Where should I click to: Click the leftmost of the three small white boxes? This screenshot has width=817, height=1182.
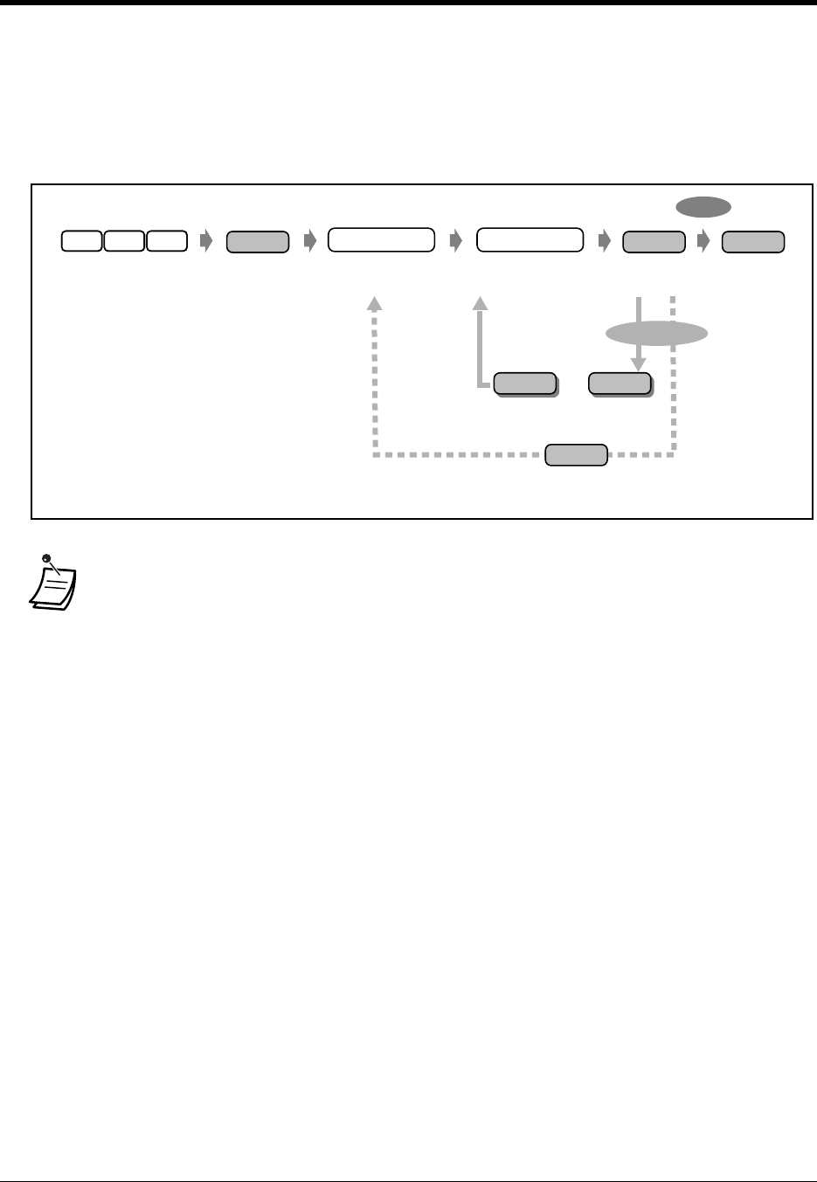(x=81, y=241)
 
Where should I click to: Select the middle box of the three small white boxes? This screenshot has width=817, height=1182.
(x=124, y=241)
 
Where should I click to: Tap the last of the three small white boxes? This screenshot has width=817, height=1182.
(x=167, y=241)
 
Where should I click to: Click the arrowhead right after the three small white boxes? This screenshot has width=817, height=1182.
(x=206, y=242)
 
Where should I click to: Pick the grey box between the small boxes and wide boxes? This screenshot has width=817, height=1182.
(x=257, y=242)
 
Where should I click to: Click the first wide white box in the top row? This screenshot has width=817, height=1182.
(x=381, y=240)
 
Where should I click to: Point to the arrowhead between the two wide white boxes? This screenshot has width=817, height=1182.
(x=454, y=242)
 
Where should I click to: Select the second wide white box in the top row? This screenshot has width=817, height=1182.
(x=530, y=240)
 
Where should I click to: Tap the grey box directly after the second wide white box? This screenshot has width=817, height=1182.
(x=654, y=242)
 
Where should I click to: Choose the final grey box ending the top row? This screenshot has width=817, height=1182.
(x=753, y=242)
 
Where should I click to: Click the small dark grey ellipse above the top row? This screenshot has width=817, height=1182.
(x=703, y=207)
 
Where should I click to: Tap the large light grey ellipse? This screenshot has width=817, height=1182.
(x=656, y=333)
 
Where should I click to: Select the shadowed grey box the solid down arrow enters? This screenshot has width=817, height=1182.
(x=620, y=384)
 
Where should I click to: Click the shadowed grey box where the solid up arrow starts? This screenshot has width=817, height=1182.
(x=525, y=384)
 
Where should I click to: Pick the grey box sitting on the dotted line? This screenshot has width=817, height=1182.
(x=576, y=455)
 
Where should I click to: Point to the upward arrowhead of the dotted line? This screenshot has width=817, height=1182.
(x=374, y=303)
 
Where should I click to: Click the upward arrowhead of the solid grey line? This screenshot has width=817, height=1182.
(x=480, y=303)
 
